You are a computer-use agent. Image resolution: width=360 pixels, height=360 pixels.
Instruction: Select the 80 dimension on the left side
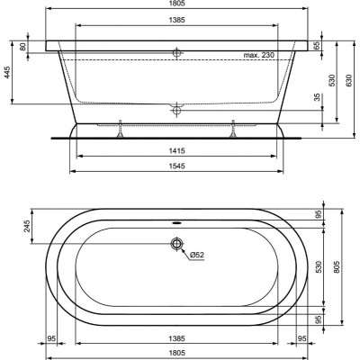tap(35, 46)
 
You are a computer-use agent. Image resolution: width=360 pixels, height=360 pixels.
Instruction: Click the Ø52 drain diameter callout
tap(195, 255)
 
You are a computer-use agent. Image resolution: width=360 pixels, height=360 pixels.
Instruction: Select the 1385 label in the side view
tap(178, 20)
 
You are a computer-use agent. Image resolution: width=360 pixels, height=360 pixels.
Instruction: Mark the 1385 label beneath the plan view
tap(178, 338)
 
